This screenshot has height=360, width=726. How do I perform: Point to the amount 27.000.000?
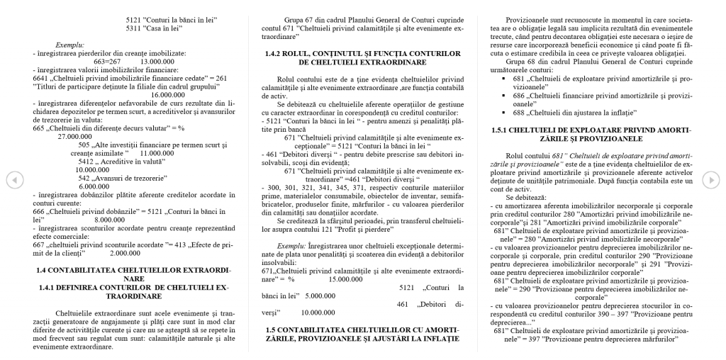[77, 135]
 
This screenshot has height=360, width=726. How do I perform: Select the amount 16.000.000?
[168, 94]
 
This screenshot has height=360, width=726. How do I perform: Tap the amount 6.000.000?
[94, 186]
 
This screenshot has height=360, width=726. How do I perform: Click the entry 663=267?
[108, 62]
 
